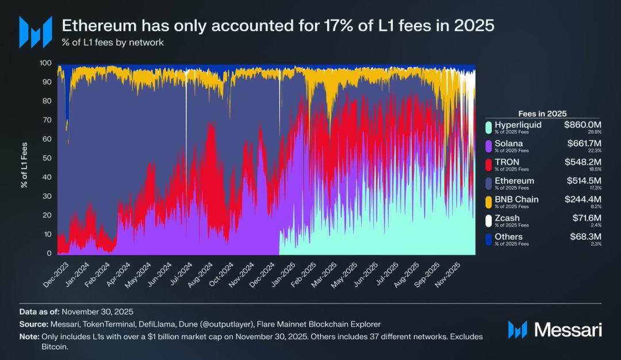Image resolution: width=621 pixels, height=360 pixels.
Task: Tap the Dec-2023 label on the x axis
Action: tap(55, 275)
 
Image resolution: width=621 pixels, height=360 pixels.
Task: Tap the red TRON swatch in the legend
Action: tap(488, 164)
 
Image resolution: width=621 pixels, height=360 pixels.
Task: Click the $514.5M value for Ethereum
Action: tap(582, 181)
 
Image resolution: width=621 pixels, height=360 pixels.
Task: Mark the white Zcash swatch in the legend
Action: tap(488, 220)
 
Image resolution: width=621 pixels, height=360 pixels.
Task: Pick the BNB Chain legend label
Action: tap(516, 200)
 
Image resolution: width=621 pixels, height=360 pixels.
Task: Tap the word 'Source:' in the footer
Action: tap(33, 324)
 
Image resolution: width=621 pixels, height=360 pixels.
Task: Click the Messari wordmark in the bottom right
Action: tap(568, 330)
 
